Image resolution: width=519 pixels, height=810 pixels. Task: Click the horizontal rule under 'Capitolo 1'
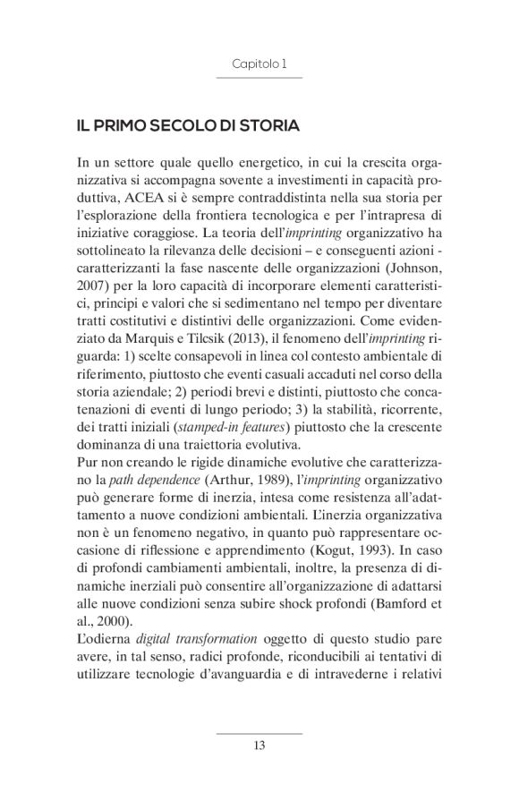coord(259,79)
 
